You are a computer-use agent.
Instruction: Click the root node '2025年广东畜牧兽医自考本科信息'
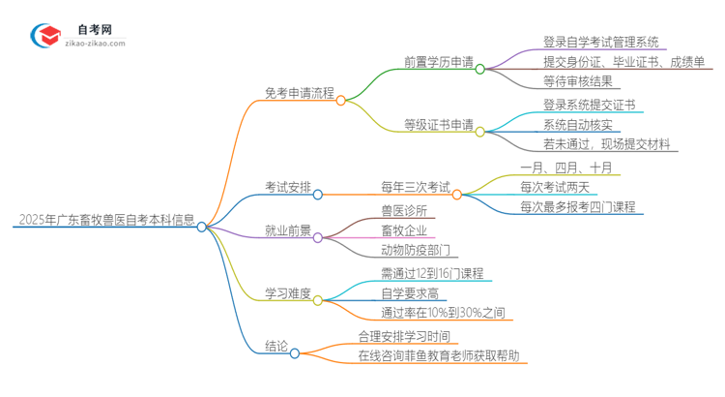point(104,219)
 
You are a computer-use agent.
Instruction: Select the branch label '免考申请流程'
point(299,94)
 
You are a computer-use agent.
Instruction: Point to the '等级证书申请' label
point(438,125)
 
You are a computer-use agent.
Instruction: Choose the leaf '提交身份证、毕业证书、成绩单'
point(623,62)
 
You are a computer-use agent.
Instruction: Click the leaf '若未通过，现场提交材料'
point(599,144)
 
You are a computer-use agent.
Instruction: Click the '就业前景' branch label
point(287,230)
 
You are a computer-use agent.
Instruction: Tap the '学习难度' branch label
point(287,294)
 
